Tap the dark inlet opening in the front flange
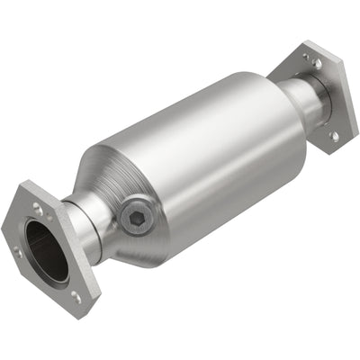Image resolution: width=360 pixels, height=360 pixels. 48,251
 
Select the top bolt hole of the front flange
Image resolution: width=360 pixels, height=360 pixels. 37,208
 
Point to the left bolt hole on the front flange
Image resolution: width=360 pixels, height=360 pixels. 16,252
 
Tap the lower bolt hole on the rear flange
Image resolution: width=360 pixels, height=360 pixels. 334,136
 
